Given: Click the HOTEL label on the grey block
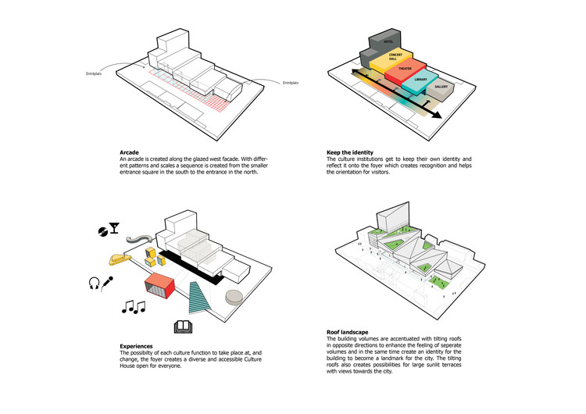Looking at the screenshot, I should tap(388, 40).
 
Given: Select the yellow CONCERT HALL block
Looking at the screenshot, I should tap(384, 59).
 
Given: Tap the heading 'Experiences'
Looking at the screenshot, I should tap(136, 345).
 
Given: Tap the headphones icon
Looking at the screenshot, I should tap(95, 284).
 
